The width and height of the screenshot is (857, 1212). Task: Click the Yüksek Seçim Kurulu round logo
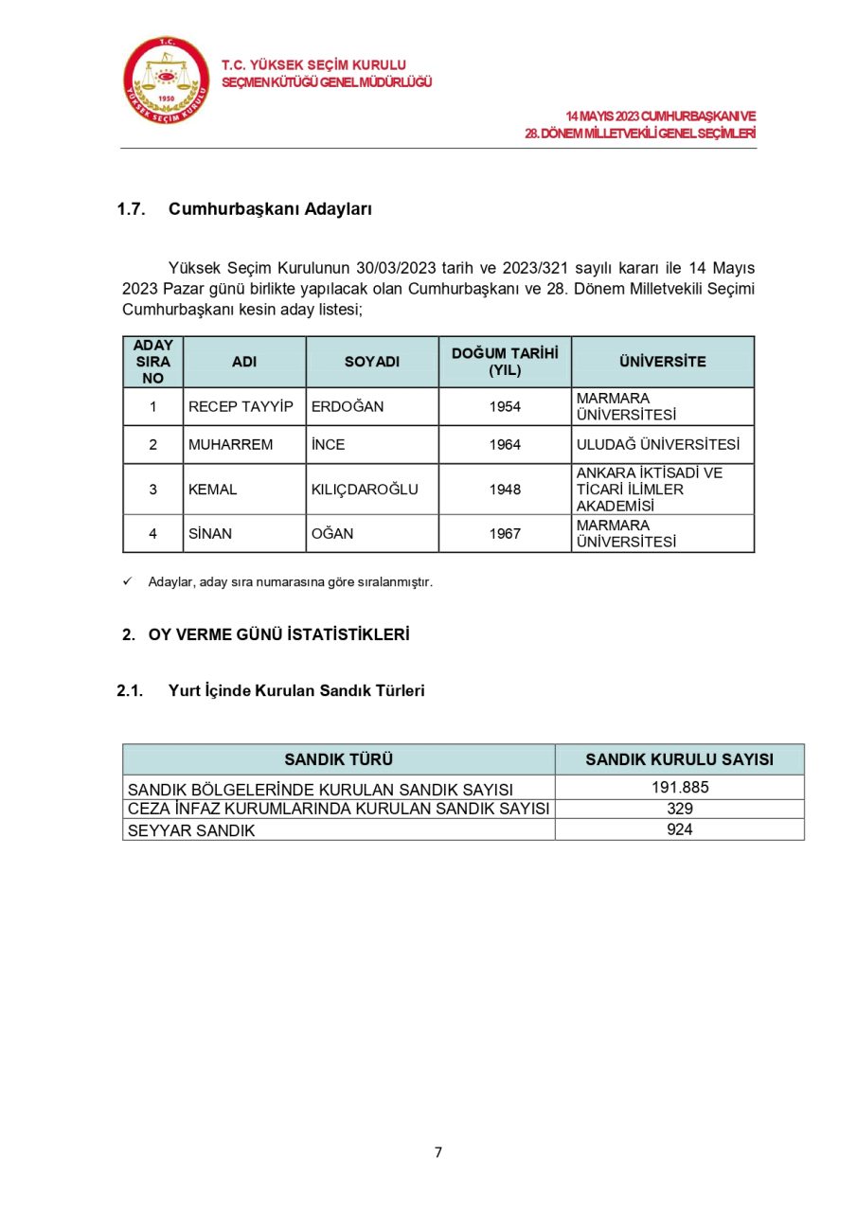tap(167, 80)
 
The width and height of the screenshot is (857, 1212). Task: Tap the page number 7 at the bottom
tap(437, 1152)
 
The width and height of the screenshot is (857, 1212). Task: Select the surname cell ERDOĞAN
tap(348, 406)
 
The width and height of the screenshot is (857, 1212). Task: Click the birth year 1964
tap(505, 444)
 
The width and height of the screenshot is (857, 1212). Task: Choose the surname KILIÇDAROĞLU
tap(365, 490)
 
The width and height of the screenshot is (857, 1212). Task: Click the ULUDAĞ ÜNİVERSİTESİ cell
tap(658, 444)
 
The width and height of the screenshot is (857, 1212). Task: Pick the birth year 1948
tap(505, 490)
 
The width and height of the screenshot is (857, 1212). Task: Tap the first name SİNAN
tap(210, 534)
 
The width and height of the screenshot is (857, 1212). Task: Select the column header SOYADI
tap(371, 362)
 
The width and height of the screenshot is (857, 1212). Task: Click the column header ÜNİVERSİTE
tap(662, 362)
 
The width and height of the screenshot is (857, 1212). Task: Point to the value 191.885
tap(679, 788)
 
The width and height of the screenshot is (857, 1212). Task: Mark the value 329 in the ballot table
tap(679, 809)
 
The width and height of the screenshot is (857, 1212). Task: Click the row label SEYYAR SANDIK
tap(191, 830)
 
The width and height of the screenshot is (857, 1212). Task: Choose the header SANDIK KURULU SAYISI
tap(679, 759)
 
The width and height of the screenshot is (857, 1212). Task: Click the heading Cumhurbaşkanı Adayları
tap(270, 209)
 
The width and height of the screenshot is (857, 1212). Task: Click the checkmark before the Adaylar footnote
tap(128, 581)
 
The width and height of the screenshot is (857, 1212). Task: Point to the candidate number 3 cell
tap(153, 490)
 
